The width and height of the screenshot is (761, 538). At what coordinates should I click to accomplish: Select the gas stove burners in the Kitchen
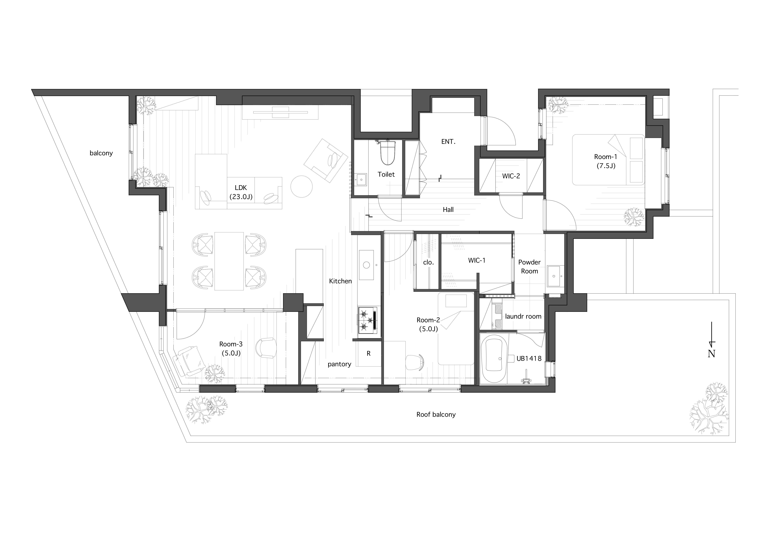367,320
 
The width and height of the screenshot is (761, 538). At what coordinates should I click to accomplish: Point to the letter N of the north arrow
711,354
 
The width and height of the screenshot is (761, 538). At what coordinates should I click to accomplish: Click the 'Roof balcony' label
436,414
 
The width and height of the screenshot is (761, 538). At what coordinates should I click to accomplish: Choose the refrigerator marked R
369,354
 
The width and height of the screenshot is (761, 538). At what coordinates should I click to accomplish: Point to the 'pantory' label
339,364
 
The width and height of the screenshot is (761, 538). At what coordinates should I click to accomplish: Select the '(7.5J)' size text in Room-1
606,166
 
